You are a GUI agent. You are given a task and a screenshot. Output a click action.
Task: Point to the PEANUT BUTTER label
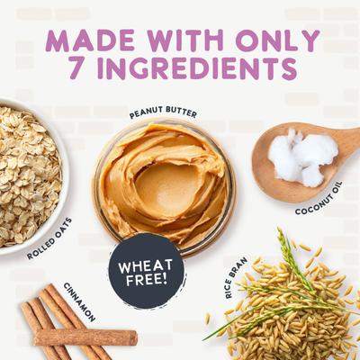(x=163, y=114)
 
